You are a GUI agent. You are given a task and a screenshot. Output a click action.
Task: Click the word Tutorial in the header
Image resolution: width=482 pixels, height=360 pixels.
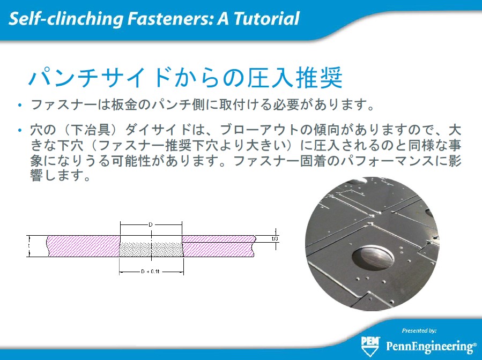point(266,18)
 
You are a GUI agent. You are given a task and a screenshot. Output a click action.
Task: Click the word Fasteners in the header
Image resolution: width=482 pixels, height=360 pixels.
point(170,18)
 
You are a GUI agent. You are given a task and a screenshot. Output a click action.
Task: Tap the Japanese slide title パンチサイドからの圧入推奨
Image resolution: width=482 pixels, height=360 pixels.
point(185,77)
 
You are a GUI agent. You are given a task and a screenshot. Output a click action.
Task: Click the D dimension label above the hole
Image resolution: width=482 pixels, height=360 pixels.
point(151,224)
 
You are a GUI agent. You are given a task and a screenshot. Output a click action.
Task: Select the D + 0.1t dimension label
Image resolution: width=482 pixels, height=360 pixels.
point(150,272)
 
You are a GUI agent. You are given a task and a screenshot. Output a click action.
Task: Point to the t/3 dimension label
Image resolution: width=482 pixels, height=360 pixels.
point(275,238)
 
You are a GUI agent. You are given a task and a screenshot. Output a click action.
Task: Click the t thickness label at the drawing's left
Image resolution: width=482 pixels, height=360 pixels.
point(29,246)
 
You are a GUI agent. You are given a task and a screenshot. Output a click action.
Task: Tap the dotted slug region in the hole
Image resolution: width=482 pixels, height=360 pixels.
point(151,250)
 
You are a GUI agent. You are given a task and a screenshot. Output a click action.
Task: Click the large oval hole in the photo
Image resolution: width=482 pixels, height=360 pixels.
point(373,258)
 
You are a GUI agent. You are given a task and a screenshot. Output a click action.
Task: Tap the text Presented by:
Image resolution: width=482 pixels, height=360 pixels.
point(419,331)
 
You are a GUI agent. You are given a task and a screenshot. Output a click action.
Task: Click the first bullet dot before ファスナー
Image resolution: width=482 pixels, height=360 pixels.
point(20,106)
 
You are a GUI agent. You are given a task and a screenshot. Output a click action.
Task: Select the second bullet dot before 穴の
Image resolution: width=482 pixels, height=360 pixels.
point(20,131)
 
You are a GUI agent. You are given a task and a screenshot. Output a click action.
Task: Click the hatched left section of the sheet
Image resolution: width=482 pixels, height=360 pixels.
point(83,246)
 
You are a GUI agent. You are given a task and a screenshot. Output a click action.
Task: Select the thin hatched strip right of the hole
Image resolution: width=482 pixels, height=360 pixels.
point(219,239)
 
